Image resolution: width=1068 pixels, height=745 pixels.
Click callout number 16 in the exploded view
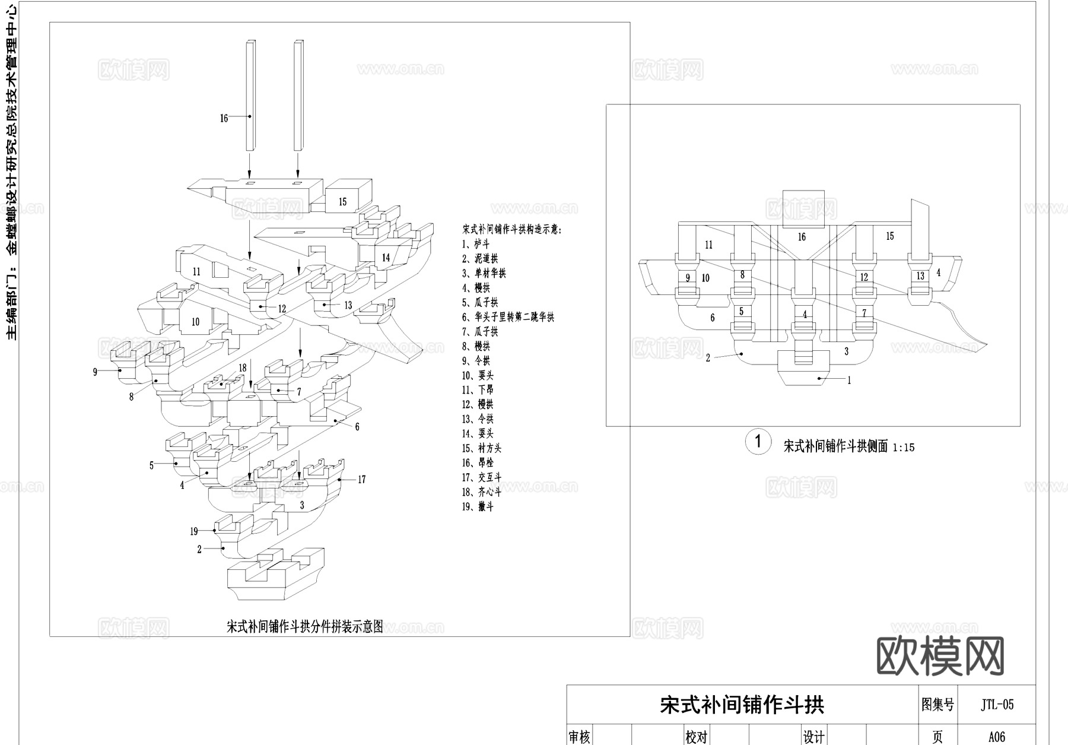click(224, 118)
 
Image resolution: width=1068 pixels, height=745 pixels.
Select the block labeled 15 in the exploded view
click(342, 202)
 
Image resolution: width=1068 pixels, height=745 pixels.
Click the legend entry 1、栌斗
click(476, 244)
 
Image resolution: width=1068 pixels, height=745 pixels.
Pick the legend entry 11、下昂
click(478, 389)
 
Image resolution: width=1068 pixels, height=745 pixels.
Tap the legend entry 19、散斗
click(478, 506)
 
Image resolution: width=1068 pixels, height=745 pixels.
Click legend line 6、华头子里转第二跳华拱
click(508, 317)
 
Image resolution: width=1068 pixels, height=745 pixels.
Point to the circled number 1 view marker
click(758, 442)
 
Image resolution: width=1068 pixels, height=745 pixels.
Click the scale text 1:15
click(903, 448)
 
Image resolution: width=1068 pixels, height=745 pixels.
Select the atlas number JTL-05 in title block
click(997, 705)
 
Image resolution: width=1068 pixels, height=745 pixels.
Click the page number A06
click(997, 737)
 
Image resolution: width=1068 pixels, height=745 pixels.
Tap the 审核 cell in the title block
click(579, 737)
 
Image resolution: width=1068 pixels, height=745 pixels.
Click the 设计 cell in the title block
click(813, 737)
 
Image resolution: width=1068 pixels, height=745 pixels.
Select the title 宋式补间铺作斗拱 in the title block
click(742, 705)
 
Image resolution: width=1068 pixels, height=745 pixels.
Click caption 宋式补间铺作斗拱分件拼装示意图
click(305, 626)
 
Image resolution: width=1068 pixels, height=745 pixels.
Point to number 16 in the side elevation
click(802, 237)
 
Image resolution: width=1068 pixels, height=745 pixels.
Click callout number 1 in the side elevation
click(849, 381)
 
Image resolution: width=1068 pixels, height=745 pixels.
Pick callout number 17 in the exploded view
click(362, 479)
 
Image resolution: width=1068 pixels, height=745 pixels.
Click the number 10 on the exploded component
click(195, 322)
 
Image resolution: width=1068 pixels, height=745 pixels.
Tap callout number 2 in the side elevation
click(708, 358)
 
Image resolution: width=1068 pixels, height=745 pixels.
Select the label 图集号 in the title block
click(937, 705)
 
